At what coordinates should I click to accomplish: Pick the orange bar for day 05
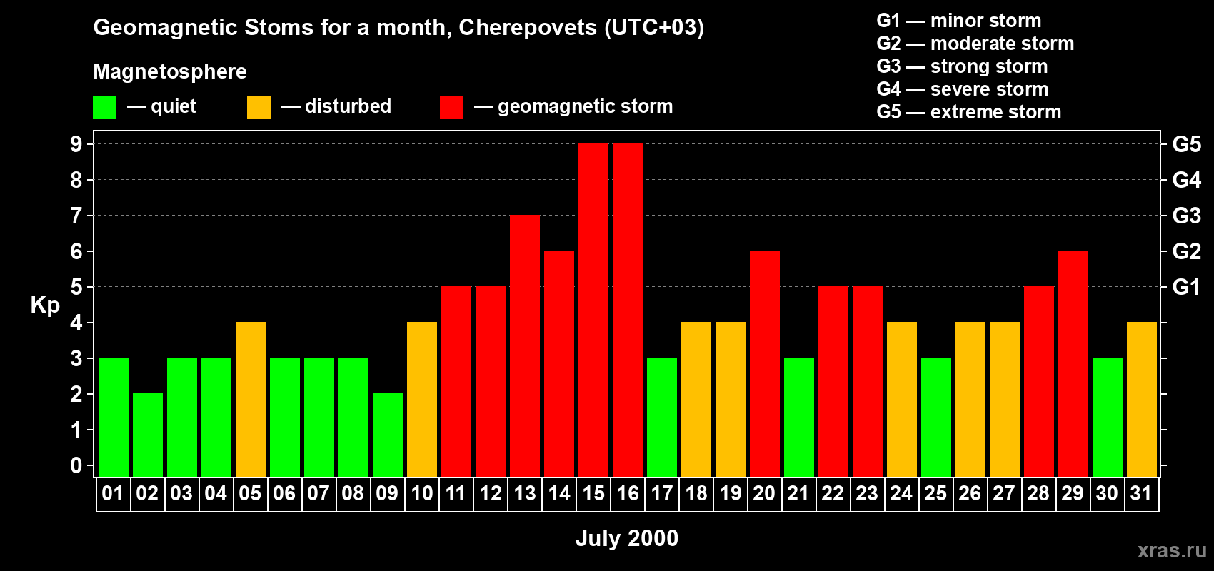251,399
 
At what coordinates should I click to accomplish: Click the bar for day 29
1073,363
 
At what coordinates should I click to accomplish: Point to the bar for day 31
1142,399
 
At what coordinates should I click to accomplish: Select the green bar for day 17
662,417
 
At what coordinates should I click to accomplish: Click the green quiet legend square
105,108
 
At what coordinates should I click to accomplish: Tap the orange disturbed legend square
259,108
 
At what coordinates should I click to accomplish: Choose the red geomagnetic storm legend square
451,108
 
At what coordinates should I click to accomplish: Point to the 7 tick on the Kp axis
76,216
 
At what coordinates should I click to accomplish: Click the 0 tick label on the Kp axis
76,465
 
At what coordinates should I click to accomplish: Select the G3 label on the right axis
1186,216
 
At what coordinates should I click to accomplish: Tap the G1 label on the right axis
1186,287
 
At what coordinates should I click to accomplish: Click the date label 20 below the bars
764,493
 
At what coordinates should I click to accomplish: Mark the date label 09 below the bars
387,493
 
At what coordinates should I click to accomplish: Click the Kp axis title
45,305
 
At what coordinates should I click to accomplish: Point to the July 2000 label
627,538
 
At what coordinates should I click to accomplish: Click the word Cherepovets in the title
528,27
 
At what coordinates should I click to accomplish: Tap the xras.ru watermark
1172,550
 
